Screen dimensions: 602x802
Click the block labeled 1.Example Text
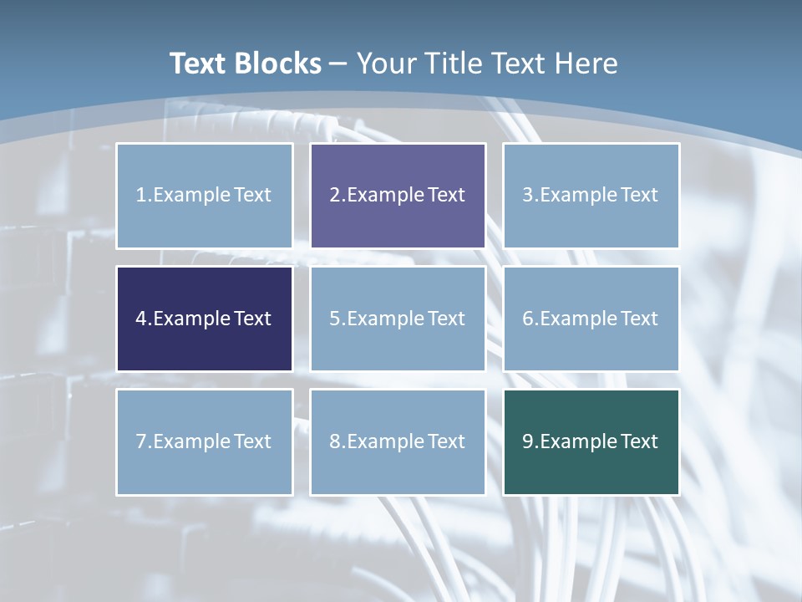pos(205,196)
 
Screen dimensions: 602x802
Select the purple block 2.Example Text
pos(398,196)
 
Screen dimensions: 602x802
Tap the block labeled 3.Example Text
pos(591,196)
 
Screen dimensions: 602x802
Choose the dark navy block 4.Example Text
pos(205,319)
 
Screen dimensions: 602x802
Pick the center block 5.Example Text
pos(398,319)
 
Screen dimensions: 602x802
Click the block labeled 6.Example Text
pos(591,319)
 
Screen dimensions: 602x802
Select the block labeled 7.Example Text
pos(205,441)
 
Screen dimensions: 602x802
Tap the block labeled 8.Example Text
pos(398,441)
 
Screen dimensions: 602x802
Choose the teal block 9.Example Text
pos(591,441)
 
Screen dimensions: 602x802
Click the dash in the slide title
pos(338,64)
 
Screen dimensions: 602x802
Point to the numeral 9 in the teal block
pos(528,441)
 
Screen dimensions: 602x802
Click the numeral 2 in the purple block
pos(335,196)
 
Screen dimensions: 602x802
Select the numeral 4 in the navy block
pos(141,319)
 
